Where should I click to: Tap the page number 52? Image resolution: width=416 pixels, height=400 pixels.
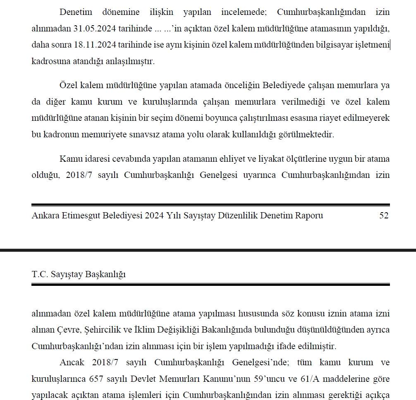click(x=384, y=216)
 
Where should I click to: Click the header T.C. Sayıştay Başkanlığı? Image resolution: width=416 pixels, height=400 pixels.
click(x=79, y=274)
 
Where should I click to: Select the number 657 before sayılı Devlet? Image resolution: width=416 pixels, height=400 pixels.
click(x=97, y=379)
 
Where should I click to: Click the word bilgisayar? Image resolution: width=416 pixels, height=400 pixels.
click(x=333, y=45)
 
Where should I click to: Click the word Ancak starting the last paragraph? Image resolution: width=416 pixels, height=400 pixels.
click(x=72, y=362)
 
